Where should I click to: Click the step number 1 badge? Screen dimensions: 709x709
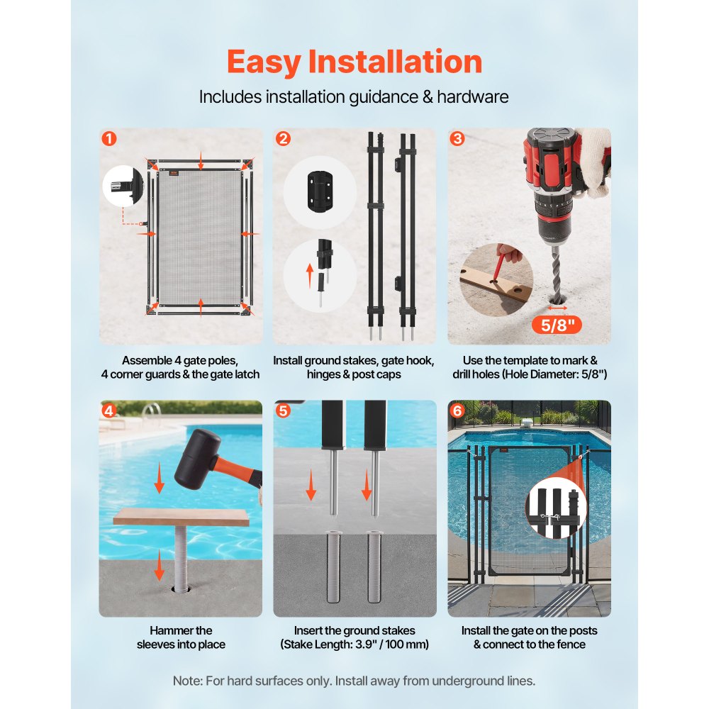tap(109, 139)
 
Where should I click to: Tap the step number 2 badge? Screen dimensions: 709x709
tap(284, 139)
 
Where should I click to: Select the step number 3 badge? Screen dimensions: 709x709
tap(458, 139)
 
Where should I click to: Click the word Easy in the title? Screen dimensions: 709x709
tap(264, 62)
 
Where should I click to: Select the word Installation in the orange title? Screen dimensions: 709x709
tap(395, 62)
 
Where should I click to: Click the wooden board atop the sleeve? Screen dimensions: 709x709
tap(181, 517)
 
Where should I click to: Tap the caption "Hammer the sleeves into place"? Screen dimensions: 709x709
tap(181, 637)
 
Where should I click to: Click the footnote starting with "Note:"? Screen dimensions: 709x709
tap(354, 681)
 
